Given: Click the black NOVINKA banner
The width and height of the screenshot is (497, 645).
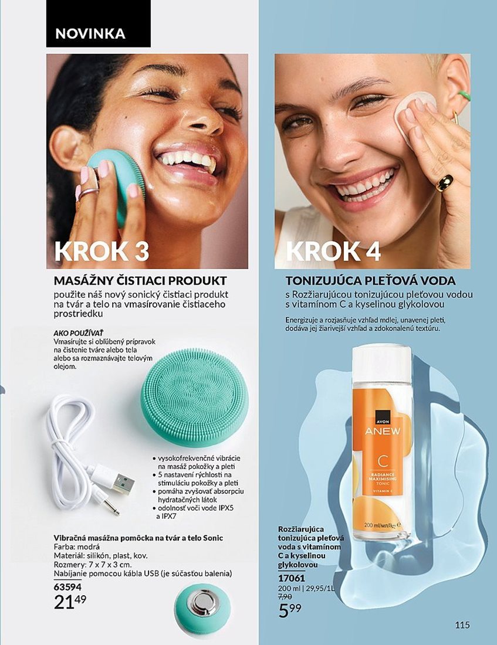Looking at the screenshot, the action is [x=98, y=23].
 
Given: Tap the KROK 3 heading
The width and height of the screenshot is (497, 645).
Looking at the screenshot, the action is [x=102, y=251].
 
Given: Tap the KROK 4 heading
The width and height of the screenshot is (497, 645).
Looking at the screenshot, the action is [x=333, y=251].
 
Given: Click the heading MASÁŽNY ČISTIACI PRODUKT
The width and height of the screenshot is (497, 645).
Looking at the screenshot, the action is [x=140, y=281].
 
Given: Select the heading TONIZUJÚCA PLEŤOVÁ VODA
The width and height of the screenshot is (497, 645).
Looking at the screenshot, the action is [x=371, y=281].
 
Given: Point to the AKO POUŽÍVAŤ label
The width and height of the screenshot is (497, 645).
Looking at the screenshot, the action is [x=79, y=333].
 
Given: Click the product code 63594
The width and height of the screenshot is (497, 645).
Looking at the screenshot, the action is [x=67, y=587].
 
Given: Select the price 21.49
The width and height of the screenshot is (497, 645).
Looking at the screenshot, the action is [x=70, y=602].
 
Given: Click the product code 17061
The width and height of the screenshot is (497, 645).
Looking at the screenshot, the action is [x=292, y=578].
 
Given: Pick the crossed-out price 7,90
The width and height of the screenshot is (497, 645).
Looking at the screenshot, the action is [x=285, y=596].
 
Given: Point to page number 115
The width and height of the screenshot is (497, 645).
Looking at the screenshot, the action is [x=462, y=625].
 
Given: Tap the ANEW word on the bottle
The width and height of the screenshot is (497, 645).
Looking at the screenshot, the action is [x=383, y=431].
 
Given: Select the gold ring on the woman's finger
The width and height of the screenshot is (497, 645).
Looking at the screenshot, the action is [x=445, y=182].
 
